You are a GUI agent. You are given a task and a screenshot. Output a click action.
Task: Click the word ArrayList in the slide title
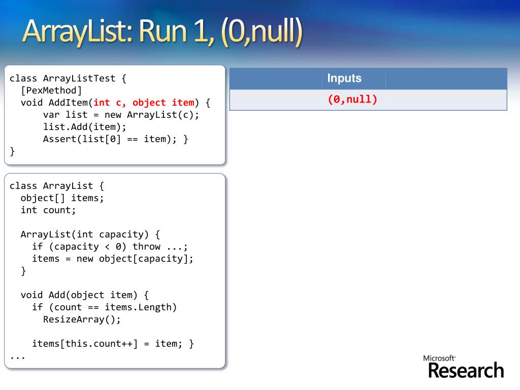point(76,31)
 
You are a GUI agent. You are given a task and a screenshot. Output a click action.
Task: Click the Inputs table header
point(344,78)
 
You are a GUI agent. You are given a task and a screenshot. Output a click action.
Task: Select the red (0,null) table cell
point(352,100)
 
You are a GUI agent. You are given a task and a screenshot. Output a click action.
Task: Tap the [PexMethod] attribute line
point(51,90)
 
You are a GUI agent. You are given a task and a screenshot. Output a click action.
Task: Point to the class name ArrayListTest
point(79,78)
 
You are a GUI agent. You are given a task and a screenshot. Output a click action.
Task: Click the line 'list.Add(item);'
point(84,127)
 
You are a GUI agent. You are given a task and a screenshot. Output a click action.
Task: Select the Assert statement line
point(115,139)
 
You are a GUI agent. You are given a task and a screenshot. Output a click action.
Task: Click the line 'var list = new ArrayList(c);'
point(121,115)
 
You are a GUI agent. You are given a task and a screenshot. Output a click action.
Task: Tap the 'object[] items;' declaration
point(62,198)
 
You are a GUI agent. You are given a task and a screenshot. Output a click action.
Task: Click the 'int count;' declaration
point(48,210)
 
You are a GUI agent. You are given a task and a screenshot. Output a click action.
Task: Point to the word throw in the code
point(146,247)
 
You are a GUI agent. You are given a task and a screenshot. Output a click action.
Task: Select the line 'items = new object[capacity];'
point(113,259)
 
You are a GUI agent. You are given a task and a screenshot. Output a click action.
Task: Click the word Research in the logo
point(466,371)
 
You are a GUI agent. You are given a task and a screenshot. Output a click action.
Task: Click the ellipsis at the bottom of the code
point(17,356)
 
